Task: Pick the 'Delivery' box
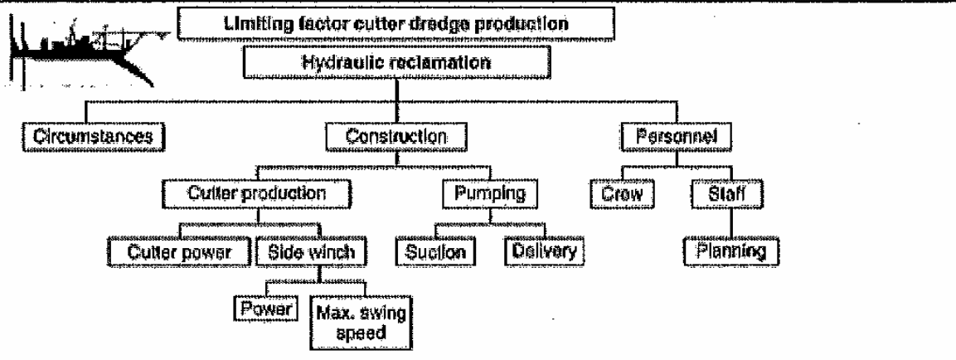click(544, 250)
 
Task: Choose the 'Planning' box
click(729, 250)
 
